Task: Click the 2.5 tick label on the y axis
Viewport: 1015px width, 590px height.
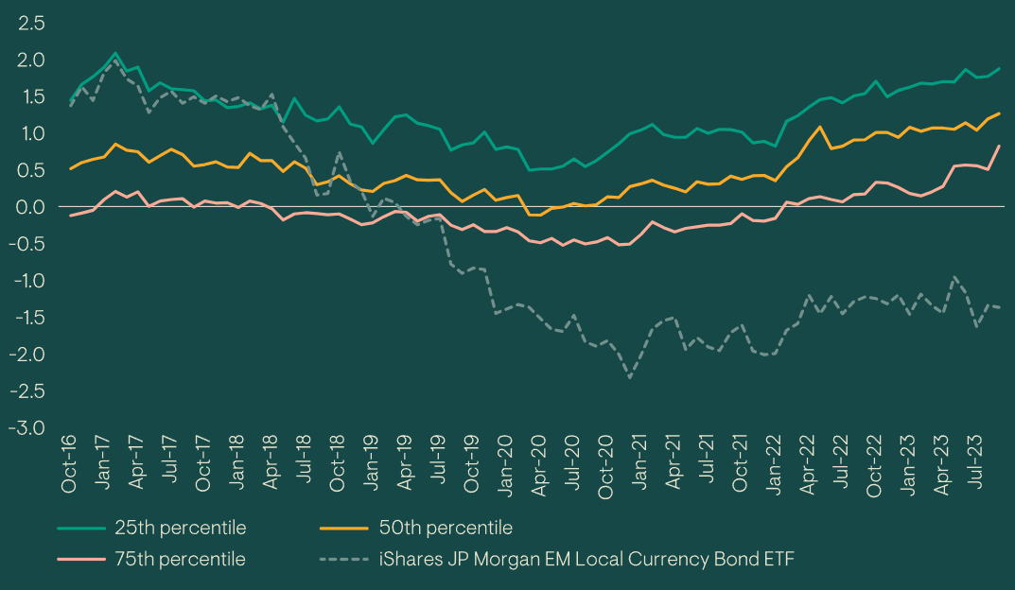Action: tap(30, 23)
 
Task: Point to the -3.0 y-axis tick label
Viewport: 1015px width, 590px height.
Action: tap(26, 427)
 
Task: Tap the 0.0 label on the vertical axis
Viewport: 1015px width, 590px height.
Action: tap(30, 207)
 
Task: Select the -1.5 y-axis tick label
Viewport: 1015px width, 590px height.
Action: tap(26, 317)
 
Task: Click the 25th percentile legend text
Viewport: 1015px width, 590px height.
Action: tap(180, 528)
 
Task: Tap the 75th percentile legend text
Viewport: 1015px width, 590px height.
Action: tap(180, 559)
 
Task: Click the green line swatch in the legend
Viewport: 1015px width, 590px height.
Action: tap(79, 528)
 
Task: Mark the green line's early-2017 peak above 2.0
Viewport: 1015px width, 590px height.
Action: tap(115, 54)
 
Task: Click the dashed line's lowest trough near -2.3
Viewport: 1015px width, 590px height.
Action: tap(630, 377)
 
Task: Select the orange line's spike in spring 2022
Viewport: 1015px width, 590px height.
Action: tap(819, 127)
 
